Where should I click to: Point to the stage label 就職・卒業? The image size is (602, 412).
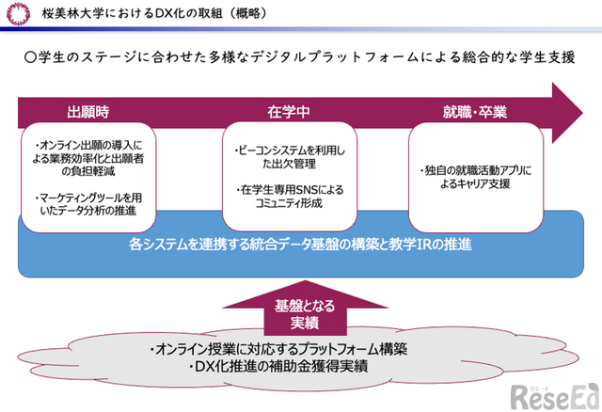[x=475, y=112]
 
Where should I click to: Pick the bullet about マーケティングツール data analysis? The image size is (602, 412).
[x=87, y=204]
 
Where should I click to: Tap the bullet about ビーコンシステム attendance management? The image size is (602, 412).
[x=289, y=158]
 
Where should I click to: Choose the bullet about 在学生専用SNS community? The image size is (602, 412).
[x=289, y=196]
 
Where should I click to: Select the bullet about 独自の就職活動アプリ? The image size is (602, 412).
[x=476, y=179]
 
